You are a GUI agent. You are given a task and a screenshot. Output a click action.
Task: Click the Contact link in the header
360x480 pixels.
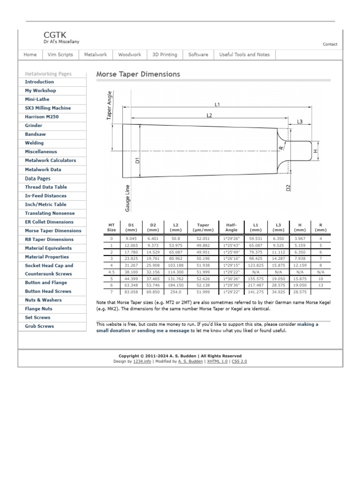(x=330, y=45)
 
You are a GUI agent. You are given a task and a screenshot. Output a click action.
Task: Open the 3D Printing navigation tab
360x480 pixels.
(x=165, y=55)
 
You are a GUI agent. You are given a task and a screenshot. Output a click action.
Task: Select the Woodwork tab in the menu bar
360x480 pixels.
(x=129, y=55)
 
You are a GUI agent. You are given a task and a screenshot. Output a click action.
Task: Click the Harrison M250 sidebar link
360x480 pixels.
(x=42, y=117)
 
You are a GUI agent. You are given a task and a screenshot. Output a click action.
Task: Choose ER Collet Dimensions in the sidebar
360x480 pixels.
(x=49, y=222)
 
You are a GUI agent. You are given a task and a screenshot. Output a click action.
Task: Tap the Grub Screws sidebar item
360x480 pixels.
(x=39, y=326)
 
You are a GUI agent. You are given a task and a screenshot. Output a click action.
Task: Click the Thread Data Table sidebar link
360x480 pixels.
(x=46, y=187)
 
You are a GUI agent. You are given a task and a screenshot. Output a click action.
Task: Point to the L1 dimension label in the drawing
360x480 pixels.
(x=217, y=105)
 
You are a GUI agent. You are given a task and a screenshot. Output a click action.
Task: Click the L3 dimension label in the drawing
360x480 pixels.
(x=300, y=122)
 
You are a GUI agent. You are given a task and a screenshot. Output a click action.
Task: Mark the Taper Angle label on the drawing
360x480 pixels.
(x=110, y=105)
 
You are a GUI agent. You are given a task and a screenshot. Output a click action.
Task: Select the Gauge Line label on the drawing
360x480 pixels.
(x=127, y=198)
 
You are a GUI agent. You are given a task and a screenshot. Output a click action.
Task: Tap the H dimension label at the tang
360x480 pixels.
(x=315, y=151)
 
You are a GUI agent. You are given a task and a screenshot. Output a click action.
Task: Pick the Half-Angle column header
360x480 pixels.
(x=232, y=227)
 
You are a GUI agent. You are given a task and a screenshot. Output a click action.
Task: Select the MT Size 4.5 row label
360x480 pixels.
(x=111, y=271)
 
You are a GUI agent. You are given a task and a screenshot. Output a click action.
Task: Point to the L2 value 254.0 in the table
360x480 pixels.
(x=176, y=292)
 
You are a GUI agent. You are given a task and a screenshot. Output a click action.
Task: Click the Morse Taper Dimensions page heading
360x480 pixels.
(x=138, y=74)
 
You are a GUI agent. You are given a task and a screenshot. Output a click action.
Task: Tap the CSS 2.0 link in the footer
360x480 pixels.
(x=239, y=361)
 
